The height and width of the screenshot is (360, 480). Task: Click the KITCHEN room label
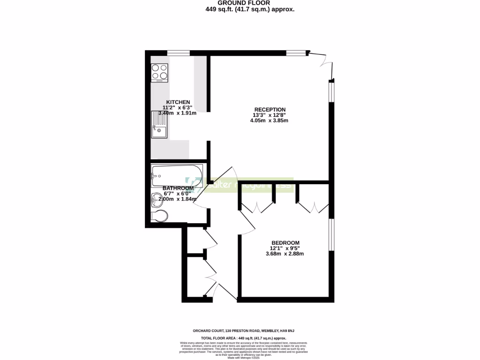(x=178, y=102)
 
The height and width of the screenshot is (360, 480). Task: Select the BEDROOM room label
(x=285, y=243)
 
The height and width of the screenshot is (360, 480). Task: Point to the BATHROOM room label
(x=178, y=188)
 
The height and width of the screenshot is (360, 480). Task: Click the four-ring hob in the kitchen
(x=159, y=73)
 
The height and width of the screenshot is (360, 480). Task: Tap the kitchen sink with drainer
(x=158, y=125)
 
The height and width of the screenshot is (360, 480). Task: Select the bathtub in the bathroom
(x=177, y=175)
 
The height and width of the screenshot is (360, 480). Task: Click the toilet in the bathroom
(x=160, y=216)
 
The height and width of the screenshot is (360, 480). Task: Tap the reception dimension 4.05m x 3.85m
(x=269, y=120)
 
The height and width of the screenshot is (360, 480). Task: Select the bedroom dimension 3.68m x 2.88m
(x=285, y=254)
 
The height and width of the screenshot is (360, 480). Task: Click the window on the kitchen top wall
(x=178, y=52)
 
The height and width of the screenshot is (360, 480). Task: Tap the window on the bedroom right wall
(x=331, y=234)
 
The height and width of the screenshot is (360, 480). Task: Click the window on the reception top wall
(x=297, y=52)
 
